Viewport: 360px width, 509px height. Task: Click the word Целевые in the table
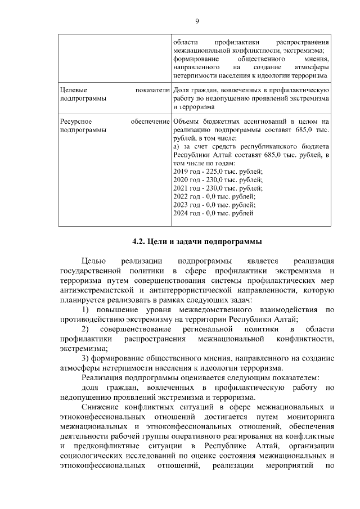pyautogui.click(x=74, y=90)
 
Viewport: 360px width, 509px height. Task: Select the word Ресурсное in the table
pyautogui.click(x=76, y=121)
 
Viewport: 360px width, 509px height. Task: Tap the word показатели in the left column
pyautogui.click(x=152, y=90)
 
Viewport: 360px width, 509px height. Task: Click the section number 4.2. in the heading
pyautogui.click(x=138, y=242)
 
